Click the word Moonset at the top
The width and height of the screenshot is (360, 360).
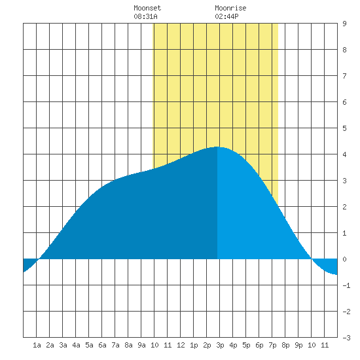(x=147, y=8)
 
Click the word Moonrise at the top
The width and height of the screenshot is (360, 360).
(x=230, y=8)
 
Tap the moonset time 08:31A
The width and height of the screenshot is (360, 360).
(x=145, y=16)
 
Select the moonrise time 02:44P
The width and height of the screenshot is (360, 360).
(x=226, y=16)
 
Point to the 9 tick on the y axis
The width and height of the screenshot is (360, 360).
(x=344, y=24)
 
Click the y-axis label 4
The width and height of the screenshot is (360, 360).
(x=344, y=154)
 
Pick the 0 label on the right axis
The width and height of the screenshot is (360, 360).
(x=344, y=259)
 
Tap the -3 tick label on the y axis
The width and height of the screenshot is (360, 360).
(x=346, y=338)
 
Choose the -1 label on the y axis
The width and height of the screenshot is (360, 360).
(x=346, y=285)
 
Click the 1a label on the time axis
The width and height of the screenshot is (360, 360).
(x=37, y=345)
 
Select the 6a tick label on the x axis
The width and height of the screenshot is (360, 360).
(x=102, y=345)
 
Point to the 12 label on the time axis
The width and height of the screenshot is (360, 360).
(x=181, y=345)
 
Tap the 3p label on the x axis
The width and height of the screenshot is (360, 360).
(x=220, y=345)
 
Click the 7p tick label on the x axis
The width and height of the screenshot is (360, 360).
(x=272, y=345)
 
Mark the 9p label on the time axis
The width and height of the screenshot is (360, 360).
(x=298, y=345)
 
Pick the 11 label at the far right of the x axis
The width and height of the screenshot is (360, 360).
(x=325, y=345)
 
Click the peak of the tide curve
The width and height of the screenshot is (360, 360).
(x=217, y=147)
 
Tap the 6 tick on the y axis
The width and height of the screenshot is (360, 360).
(x=344, y=102)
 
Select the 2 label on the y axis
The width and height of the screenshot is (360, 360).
(x=344, y=207)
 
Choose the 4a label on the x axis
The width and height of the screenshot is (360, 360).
(x=76, y=345)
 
